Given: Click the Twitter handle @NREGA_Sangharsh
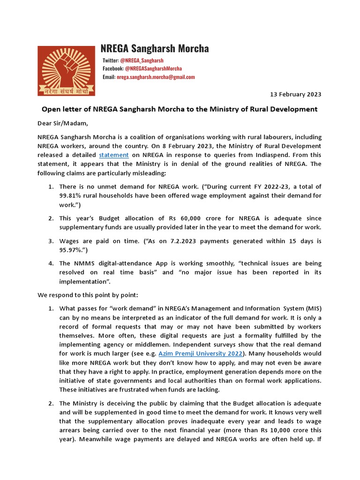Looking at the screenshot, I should pos(142,60).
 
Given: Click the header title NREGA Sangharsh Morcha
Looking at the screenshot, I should pos(155,49).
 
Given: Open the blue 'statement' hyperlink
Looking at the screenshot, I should pos(113,155).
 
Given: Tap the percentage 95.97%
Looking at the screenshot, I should pos(70,250).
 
